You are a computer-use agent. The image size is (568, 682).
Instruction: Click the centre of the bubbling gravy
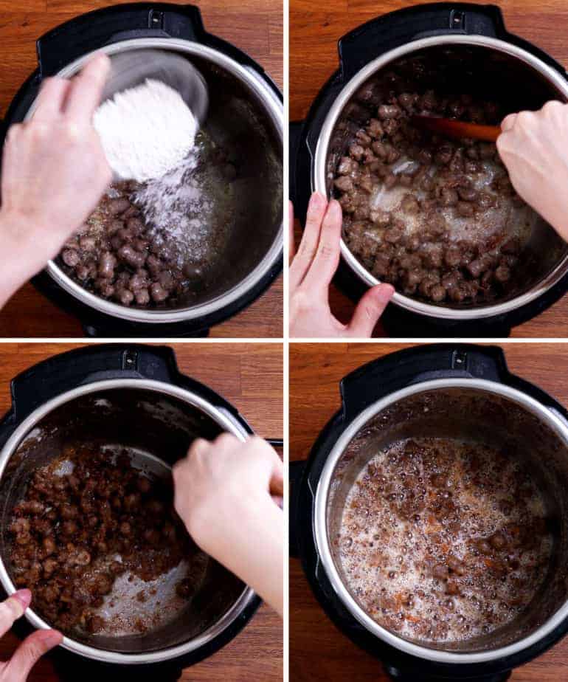click(x=443, y=531)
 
